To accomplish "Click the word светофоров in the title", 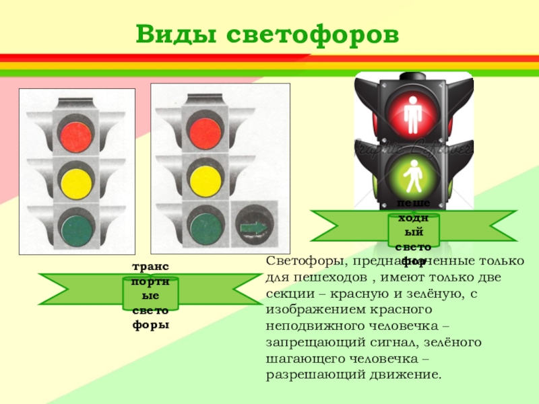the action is (311, 34).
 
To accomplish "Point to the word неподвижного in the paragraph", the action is (308, 327).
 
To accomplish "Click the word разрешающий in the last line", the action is (309, 375).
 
